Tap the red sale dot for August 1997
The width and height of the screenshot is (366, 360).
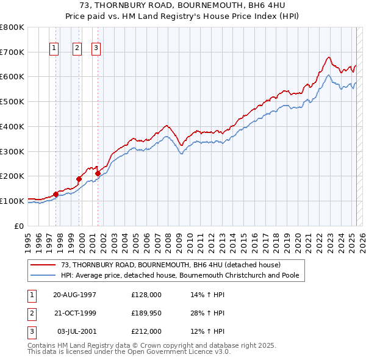click(x=56, y=194)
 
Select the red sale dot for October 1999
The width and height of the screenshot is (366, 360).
click(x=79, y=179)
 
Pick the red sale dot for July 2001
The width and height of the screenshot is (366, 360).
click(x=98, y=173)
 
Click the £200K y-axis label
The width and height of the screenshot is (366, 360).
click(x=13, y=176)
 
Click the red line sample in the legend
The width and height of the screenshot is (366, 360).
click(x=44, y=265)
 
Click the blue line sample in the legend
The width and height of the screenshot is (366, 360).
click(x=44, y=276)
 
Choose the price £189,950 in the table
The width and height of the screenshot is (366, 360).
click(x=146, y=314)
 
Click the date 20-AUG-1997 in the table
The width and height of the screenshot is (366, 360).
click(x=75, y=295)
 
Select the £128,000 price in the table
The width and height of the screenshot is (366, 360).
click(x=146, y=295)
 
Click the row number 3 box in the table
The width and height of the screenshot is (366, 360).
click(x=30, y=332)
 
